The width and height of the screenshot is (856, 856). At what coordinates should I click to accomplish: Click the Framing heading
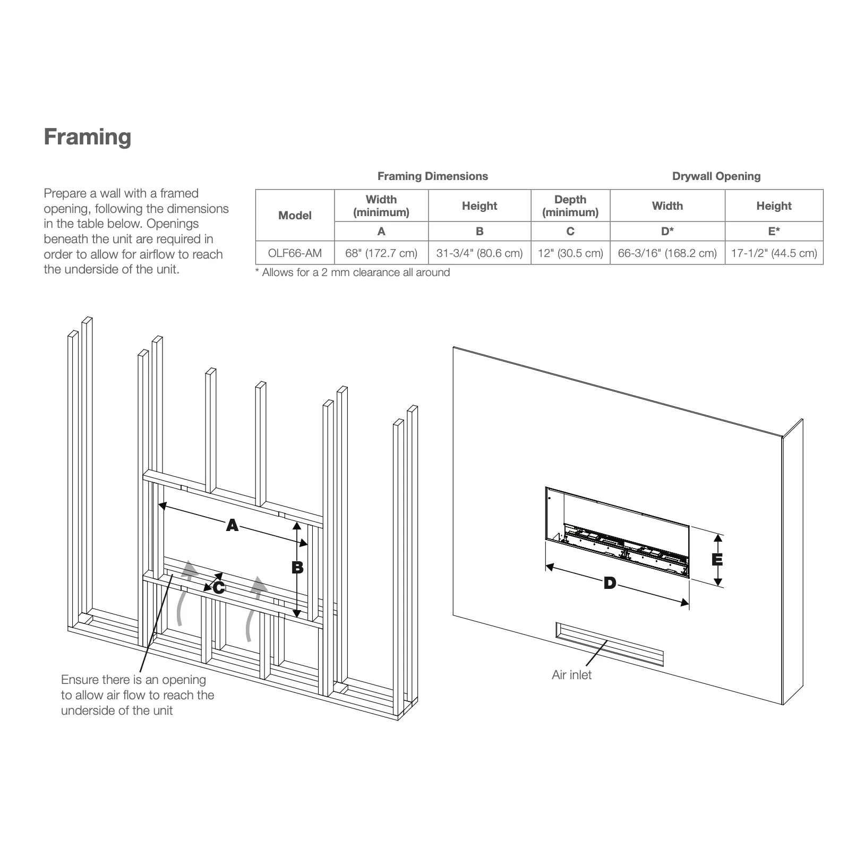[88, 137]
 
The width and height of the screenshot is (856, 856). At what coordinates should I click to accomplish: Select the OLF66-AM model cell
[295, 253]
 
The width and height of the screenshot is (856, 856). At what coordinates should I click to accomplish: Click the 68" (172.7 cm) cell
[381, 253]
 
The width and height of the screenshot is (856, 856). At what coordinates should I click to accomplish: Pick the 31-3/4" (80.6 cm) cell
[480, 253]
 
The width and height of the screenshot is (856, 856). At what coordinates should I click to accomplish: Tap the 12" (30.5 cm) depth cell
[570, 253]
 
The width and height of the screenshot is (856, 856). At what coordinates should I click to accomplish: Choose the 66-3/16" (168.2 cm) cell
[667, 253]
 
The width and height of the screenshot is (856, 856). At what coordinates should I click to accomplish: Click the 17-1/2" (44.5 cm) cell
[774, 253]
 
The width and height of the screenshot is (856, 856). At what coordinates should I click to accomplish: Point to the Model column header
[295, 216]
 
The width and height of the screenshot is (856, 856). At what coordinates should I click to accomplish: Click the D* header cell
[667, 232]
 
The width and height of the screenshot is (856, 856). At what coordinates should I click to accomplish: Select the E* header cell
[774, 232]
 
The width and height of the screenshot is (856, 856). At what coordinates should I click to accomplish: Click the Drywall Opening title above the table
[716, 176]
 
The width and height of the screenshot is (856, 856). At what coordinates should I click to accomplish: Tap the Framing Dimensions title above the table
[432, 176]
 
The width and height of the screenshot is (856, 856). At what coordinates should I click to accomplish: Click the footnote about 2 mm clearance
[353, 273]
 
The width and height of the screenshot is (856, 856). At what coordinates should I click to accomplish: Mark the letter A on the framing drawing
[232, 526]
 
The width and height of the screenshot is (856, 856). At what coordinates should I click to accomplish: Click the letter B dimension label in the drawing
[297, 567]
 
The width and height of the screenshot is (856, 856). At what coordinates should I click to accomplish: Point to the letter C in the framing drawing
[219, 588]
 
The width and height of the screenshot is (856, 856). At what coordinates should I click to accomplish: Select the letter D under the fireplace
[610, 584]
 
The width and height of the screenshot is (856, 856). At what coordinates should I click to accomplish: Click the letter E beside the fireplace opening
[717, 560]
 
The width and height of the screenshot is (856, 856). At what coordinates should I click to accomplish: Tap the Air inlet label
[571, 675]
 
